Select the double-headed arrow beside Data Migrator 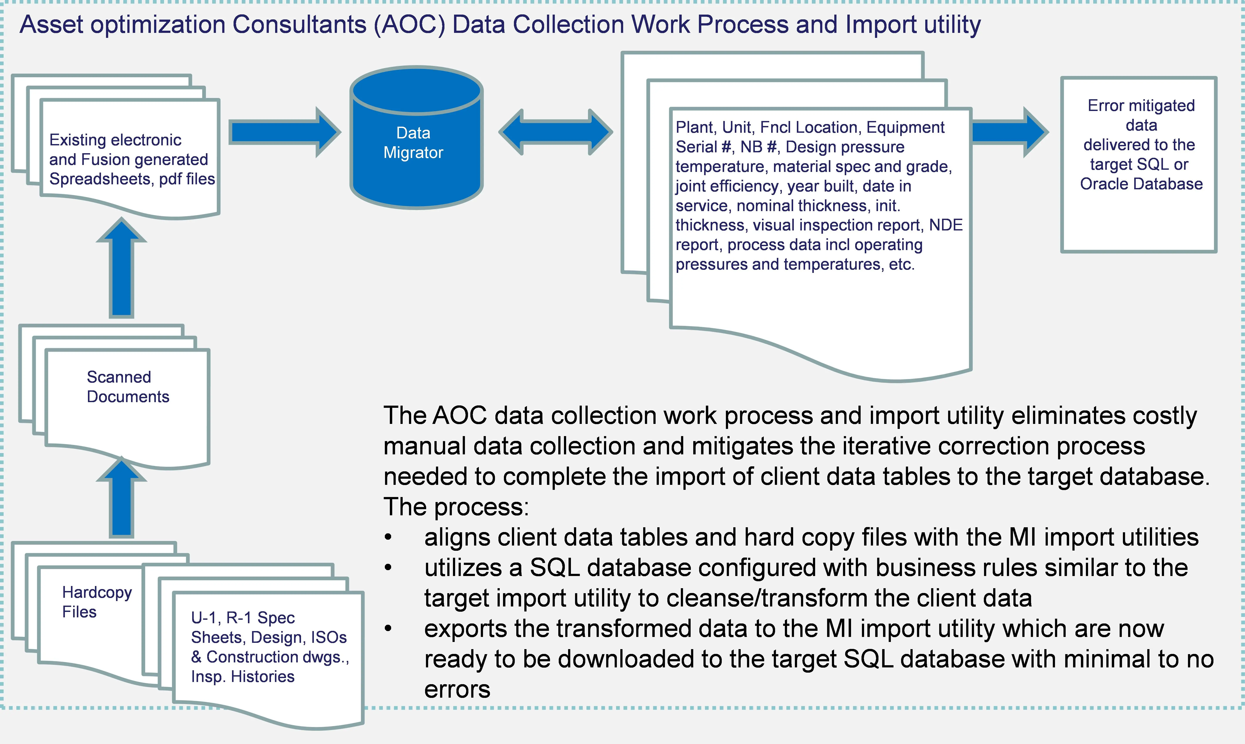click(x=555, y=132)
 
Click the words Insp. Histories click(x=243, y=676)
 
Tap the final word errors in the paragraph click(x=457, y=689)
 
